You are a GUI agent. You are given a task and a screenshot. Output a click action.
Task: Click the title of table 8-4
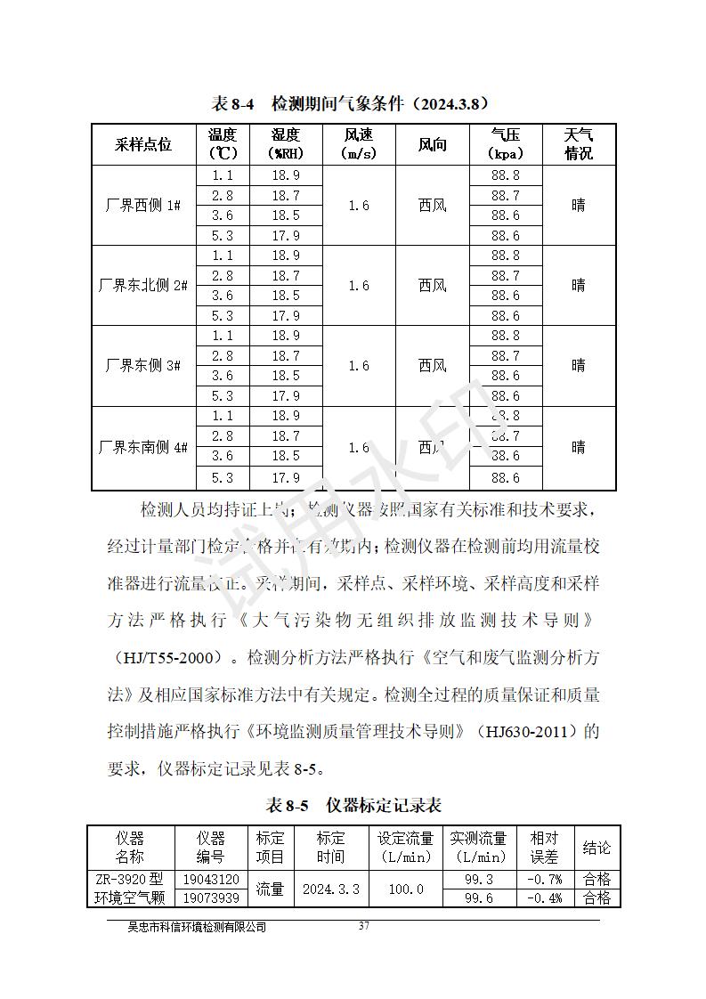pos(353,104)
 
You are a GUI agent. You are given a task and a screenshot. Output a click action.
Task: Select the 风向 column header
pos(432,144)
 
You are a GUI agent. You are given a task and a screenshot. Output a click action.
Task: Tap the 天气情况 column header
pos(578,144)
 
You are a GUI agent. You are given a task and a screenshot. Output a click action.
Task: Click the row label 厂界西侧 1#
pos(143,206)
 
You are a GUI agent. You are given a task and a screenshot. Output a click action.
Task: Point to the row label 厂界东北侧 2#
pos(143,286)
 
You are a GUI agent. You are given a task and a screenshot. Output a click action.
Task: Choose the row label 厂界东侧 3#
pos(143,366)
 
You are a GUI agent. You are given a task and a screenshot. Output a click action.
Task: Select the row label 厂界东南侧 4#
pos(143,447)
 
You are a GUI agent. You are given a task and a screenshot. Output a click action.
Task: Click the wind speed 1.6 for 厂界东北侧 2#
pos(358,286)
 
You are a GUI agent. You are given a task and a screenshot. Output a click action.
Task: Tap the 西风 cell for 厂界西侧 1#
pos(432,206)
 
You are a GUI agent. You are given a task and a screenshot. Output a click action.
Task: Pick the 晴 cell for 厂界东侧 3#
pos(578,366)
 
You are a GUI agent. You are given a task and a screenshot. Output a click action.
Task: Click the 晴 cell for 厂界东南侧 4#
pos(578,447)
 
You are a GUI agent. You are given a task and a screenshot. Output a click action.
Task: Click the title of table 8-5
pos(353,806)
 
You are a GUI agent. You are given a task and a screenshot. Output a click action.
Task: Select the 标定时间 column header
pos(330,848)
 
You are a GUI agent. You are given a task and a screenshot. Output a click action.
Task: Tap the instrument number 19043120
pos(210,879)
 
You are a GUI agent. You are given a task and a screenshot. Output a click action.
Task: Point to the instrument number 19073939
pos(210,897)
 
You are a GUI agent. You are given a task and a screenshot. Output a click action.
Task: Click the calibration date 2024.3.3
pos(330,889)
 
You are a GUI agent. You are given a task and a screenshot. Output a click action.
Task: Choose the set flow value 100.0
pos(405,889)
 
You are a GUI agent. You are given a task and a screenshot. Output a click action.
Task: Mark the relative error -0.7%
pos(544,879)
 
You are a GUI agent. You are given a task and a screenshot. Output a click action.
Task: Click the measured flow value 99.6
pos(479,897)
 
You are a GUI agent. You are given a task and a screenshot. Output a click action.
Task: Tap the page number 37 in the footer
pos(363,926)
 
